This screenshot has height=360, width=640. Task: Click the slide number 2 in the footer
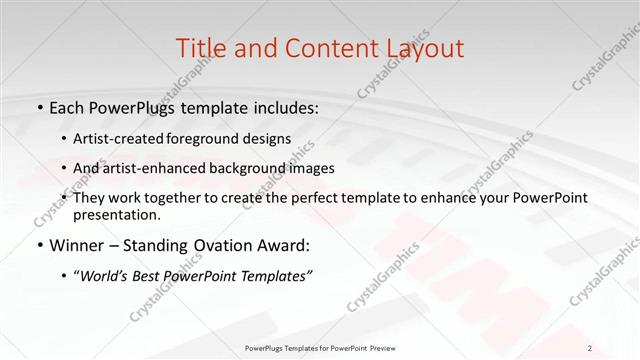590,347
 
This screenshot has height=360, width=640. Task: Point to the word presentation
116,214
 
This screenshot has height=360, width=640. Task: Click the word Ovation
199,243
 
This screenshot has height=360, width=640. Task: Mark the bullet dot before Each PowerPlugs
39,106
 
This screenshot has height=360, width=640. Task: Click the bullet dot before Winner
39,244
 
